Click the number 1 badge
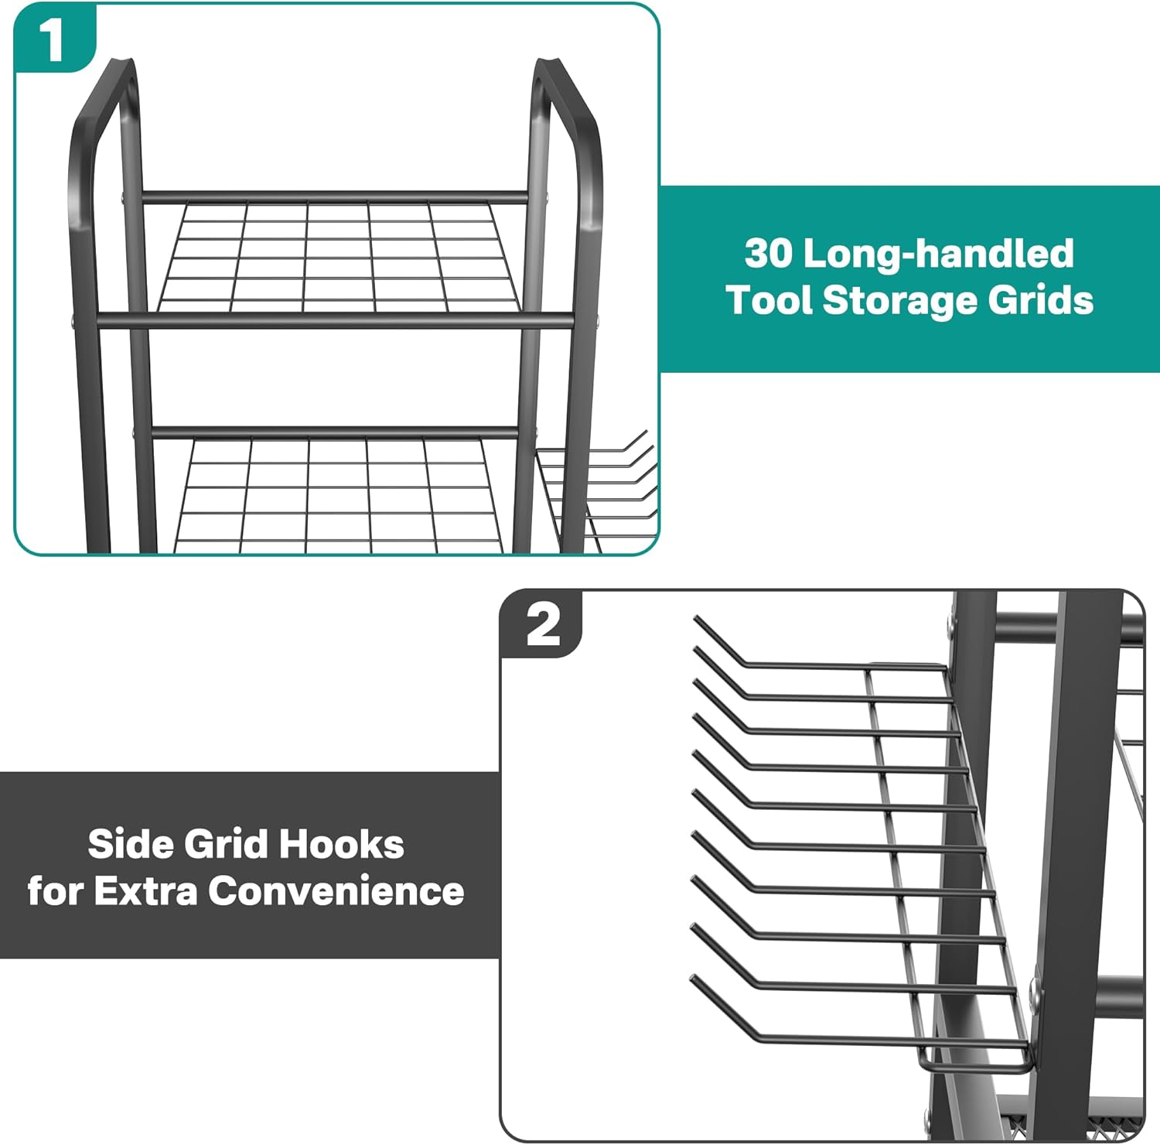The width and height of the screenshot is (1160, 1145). coord(53,39)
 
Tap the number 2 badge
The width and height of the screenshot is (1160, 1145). coord(543,625)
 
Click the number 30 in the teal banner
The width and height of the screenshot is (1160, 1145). coord(769,254)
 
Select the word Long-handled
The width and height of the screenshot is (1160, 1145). coord(939,254)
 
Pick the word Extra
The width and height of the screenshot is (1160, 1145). coord(146,891)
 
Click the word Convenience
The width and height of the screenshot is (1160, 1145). coord(336,891)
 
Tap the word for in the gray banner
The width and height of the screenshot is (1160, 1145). coord(56,891)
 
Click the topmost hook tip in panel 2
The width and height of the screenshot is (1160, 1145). coord(696,618)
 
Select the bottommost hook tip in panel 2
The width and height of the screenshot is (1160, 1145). coord(693,979)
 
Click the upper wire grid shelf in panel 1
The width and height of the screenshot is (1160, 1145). coord(340,255)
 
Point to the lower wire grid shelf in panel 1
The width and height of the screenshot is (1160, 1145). coord(340,495)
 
